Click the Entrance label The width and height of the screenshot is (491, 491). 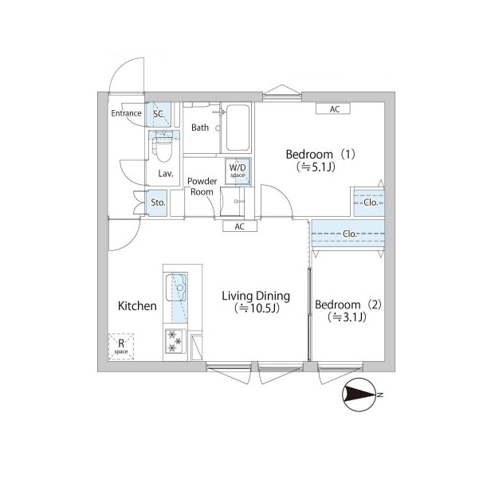click(x=126, y=113)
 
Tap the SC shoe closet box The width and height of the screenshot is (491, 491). click(x=158, y=114)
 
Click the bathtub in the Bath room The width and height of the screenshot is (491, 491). click(x=238, y=128)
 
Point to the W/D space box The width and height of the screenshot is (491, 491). click(x=238, y=171)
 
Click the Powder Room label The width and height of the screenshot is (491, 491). click(x=202, y=187)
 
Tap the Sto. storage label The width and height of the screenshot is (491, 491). click(x=158, y=202)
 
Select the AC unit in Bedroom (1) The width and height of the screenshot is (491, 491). click(x=335, y=109)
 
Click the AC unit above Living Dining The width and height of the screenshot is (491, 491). click(x=240, y=226)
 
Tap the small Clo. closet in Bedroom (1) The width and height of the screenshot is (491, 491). click(x=368, y=202)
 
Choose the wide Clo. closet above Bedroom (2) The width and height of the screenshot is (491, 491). click(x=348, y=234)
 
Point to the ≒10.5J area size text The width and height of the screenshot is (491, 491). click(x=256, y=309)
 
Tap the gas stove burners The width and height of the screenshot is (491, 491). click(x=175, y=342)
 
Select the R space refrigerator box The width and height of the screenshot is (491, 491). click(x=121, y=347)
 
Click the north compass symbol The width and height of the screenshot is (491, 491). click(x=361, y=394)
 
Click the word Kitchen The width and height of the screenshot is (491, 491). click(x=138, y=306)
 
